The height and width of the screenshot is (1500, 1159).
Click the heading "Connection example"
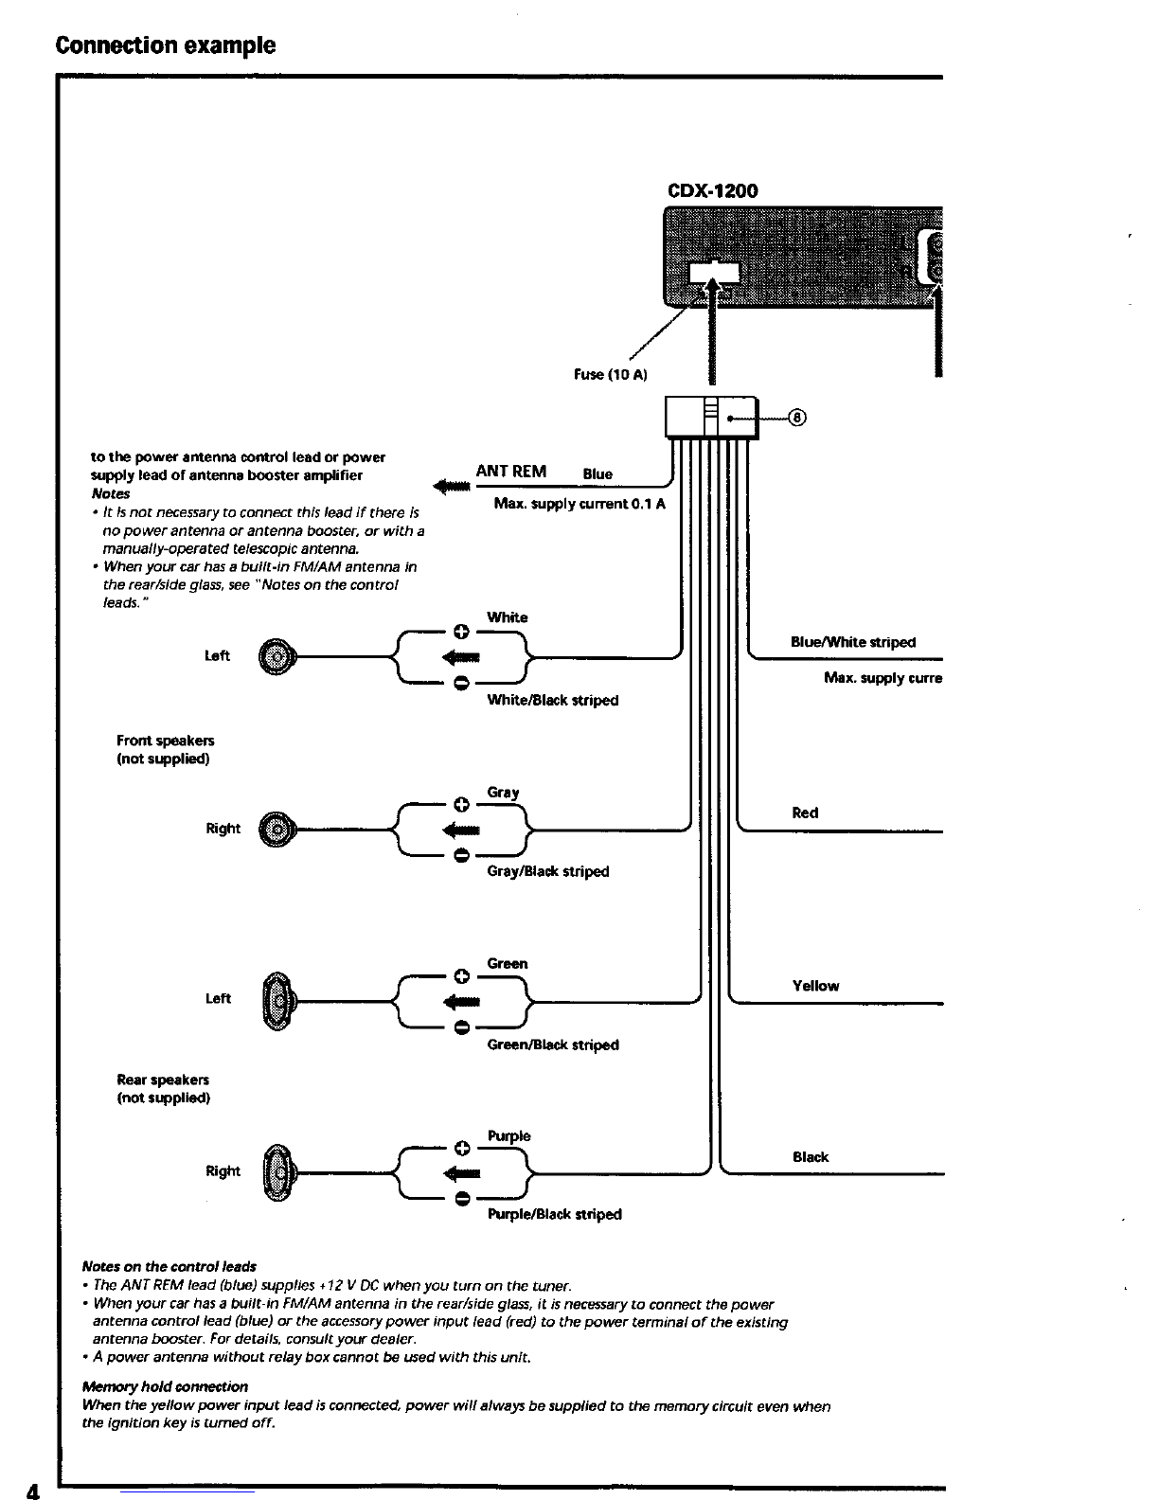pyautogui.click(x=165, y=45)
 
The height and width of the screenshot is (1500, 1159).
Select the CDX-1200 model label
pyautogui.click(x=712, y=190)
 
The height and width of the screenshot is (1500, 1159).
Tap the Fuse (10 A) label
pyautogui.click(x=610, y=374)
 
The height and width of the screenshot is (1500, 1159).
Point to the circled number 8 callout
pyautogui.click(x=796, y=418)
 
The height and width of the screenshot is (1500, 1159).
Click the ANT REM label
pyautogui.click(x=510, y=471)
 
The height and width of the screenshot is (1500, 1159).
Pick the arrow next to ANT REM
pyautogui.click(x=452, y=487)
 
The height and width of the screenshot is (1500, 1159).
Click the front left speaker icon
pyautogui.click(x=276, y=657)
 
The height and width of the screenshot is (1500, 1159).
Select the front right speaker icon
pyautogui.click(x=276, y=829)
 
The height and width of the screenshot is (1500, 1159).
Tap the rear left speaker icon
pyautogui.click(x=279, y=1001)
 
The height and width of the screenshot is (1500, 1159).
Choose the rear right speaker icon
pyautogui.click(x=279, y=1172)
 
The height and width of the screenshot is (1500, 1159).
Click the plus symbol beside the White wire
pyautogui.click(x=461, y=632)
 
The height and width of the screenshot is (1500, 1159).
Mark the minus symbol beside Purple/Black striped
pyautogui.click(x=462, y=1198)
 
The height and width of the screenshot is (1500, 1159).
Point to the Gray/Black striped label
pyautogui.click(x=548, y=871)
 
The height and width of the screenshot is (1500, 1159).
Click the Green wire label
pyautogui.click(x=508, y=963)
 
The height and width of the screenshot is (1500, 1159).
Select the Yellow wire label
pyautogui.click(x=815, y=986)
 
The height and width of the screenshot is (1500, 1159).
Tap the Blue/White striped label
pyautogui.click(x=853, y=642)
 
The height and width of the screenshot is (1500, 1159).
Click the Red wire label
pyautogui.click(x=805, y=812)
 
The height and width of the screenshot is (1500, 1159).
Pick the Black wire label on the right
pyautogui.click(x=811, y=1157)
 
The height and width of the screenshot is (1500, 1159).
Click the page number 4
pyautogui.click(x=32, y=1491)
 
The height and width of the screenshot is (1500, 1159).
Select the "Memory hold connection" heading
pyautogui.click(x=165, y=1386)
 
